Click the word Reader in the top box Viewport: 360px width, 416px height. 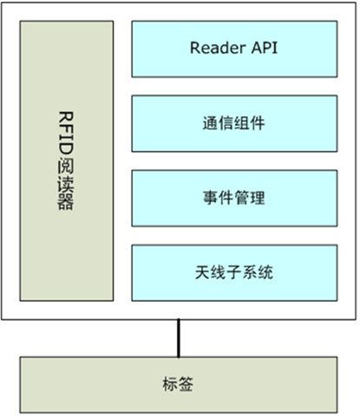218,48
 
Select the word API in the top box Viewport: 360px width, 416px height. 265,48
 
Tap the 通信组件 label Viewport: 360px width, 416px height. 233,123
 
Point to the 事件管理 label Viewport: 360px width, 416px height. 233,198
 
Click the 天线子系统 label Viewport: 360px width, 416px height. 234,272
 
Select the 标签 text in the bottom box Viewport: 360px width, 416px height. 178,384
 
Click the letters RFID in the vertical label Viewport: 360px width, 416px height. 66,133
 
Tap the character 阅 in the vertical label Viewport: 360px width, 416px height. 66,166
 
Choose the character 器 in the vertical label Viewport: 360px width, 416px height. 66,201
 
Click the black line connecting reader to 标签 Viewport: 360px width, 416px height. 179,338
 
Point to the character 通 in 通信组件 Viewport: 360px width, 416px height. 210,123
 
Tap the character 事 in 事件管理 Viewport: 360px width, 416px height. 210,198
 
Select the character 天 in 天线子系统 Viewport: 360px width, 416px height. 202,272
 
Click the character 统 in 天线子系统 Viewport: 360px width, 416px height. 265,272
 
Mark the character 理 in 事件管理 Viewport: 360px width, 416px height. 258,198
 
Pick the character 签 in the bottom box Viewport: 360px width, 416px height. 186,384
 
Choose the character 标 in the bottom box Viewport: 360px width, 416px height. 170,384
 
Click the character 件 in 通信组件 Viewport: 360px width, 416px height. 258,123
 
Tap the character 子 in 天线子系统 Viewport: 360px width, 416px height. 234,272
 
